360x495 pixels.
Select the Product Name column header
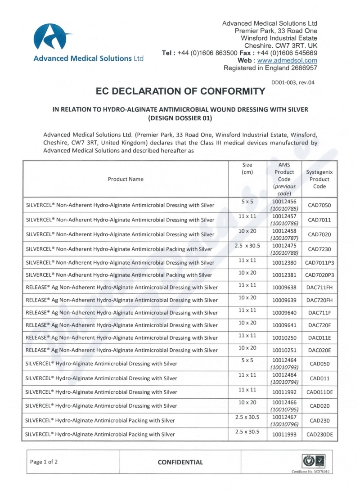coord(126,179)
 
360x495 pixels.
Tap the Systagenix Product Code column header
coord(319,179)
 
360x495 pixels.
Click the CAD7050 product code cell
coord(319,205)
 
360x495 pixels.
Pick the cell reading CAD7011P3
coord(319,275)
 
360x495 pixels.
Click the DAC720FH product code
coord(319,300)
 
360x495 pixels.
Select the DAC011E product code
coord(319,337)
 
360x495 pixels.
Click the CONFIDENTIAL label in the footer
coord(180,462)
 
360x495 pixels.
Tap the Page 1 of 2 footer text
coord(44,462)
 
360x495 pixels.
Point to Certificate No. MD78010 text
coord(310,472)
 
